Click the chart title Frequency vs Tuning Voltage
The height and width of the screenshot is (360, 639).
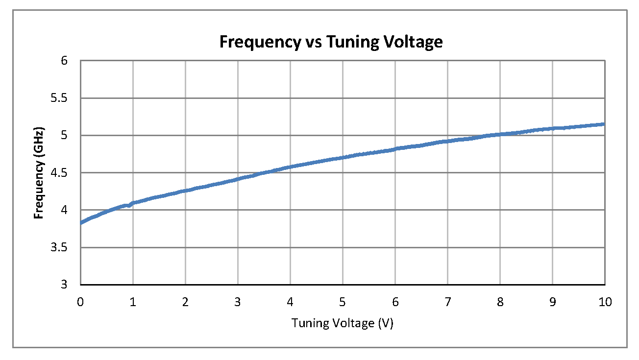point(331,42)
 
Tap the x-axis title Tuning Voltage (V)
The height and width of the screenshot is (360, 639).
point(343,323)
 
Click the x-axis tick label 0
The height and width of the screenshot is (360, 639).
point(80,302)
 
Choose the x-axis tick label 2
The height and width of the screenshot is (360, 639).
point(185,302)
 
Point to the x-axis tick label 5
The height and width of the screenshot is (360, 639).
point(343,302)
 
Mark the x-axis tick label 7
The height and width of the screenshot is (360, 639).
point(447,302)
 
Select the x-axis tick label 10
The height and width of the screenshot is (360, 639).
point(605,302)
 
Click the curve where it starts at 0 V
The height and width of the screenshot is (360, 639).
point(81,223)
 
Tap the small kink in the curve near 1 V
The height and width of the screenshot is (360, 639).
point(129,205)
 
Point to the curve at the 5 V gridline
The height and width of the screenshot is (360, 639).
point(343,158)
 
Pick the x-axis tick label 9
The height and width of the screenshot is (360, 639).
point(552,302)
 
